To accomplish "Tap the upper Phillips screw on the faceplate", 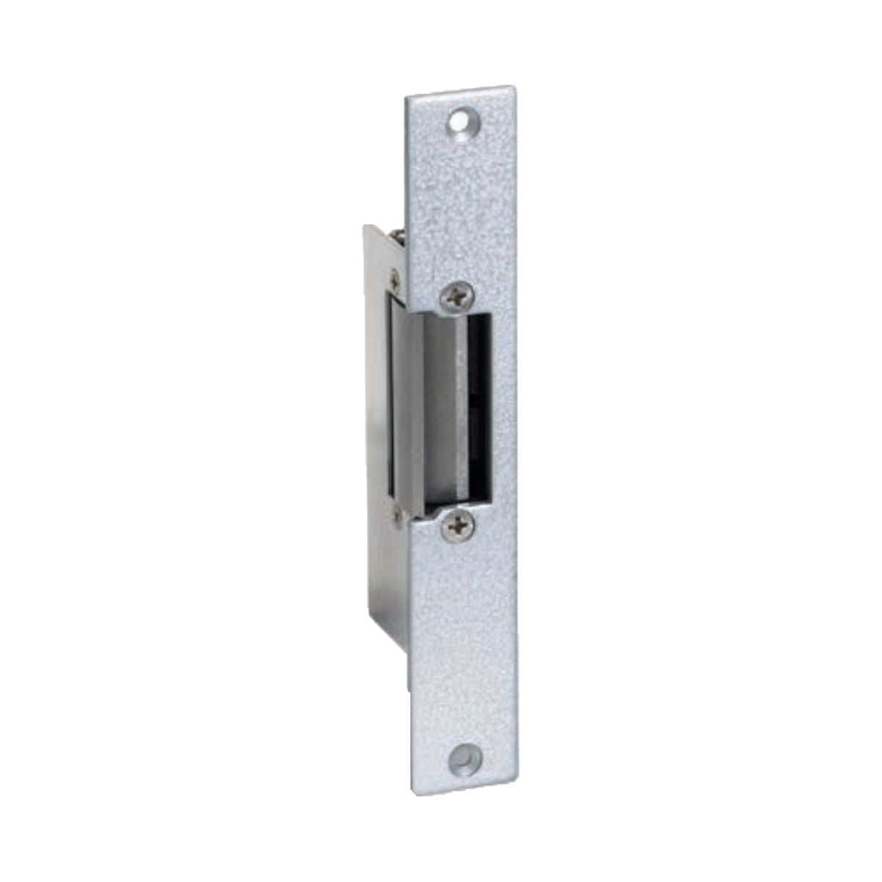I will pos(456,297).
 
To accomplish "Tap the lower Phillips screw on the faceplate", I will pos(459,526).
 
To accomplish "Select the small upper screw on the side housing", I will pos(396,279).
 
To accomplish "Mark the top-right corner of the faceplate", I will pos(512,87).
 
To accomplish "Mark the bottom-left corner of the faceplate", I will pos(412,793).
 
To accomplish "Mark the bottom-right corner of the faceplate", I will pos(517,784).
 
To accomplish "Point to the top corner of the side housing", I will pos(365,226).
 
